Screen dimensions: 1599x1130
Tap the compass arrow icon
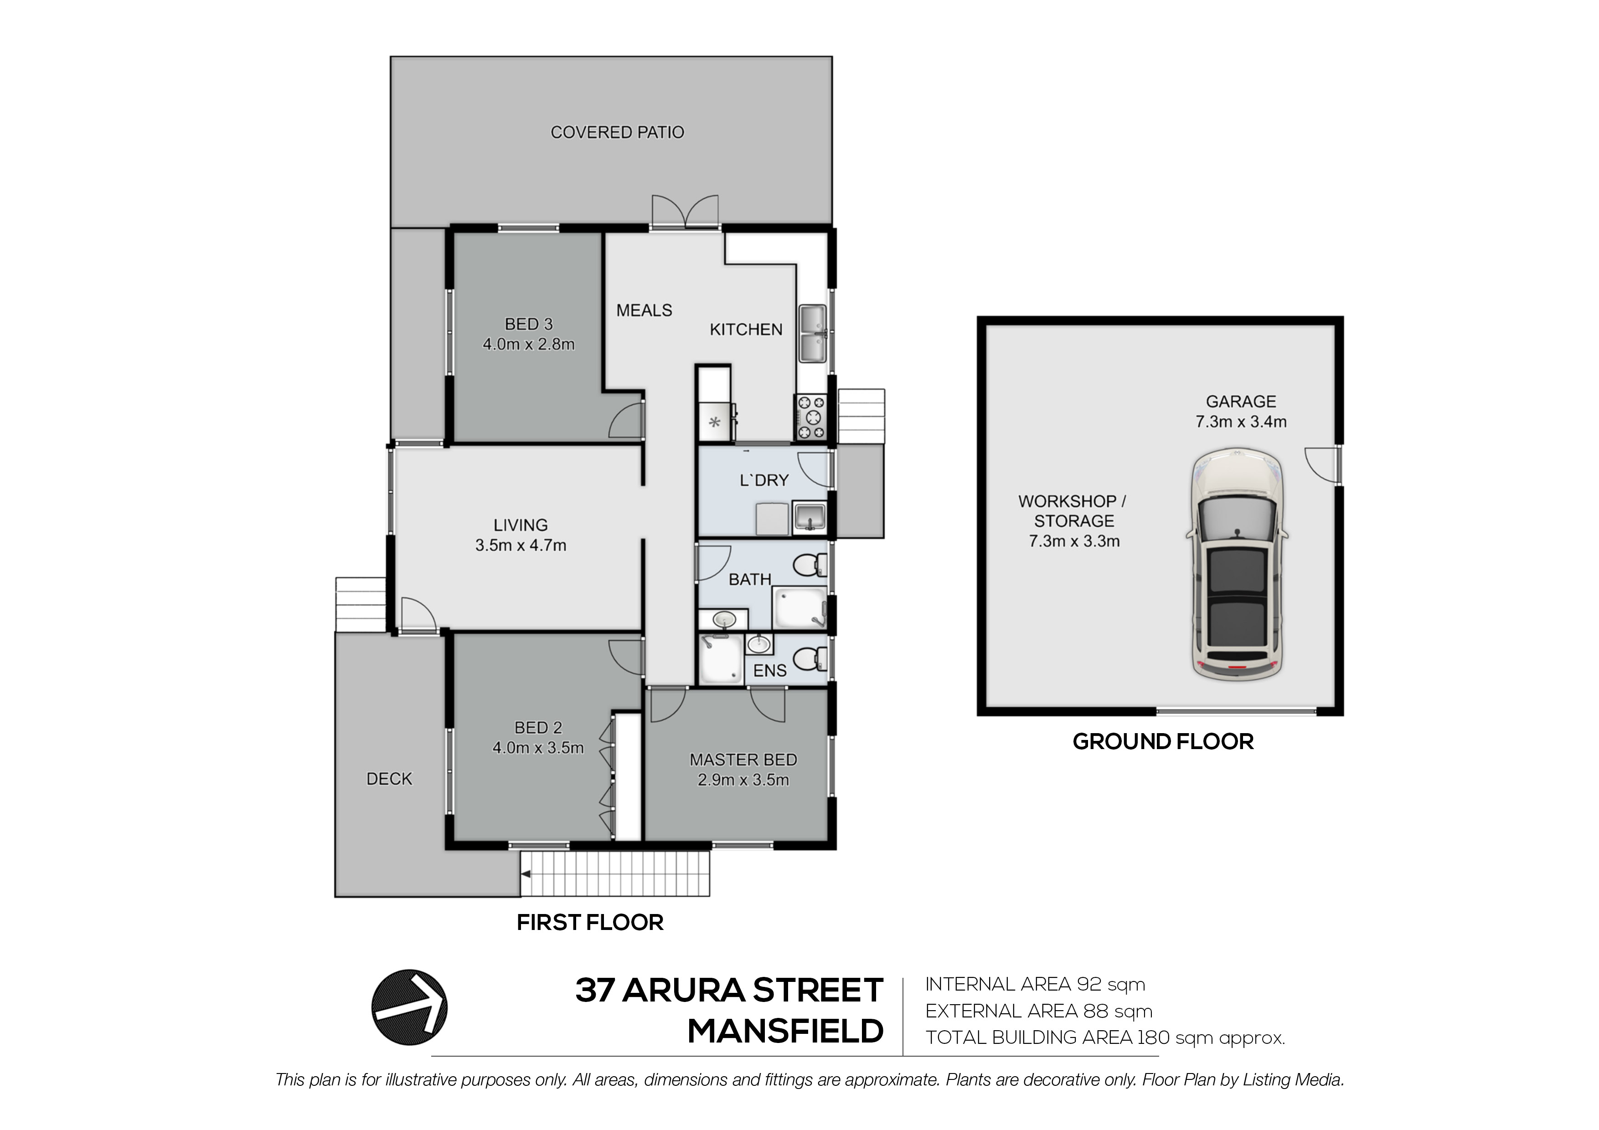click(x=409, y=1007)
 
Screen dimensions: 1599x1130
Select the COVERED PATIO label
click(x=617, y=132)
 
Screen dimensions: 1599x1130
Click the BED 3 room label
click(x=529, y=324)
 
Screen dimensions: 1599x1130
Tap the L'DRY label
click(x=764, y=480)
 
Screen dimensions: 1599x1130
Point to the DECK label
click(x=389, y=779)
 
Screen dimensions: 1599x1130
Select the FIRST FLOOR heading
click(x=590, y=923)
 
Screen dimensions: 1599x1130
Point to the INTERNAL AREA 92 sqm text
click(x=1035, y=985)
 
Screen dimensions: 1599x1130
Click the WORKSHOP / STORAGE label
click(x=1073, y=511)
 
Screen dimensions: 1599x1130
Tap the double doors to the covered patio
click(x=685, y=212)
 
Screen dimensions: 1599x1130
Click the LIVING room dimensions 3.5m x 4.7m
click(x=521, y=545)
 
